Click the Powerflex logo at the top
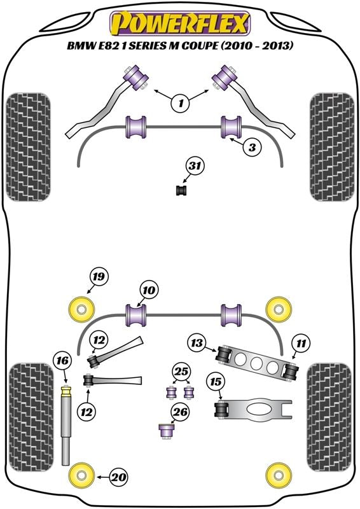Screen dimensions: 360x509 click(180, 23)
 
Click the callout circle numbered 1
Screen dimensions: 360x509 click(181, 103)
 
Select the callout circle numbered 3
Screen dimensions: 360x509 click(252, 148)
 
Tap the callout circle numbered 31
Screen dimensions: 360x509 click(195, 166)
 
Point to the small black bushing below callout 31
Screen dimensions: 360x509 click(182, 190)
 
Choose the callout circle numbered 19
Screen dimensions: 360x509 click(99, 277)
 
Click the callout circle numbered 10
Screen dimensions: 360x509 click(148, 290)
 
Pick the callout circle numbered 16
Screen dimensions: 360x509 click(62, 361)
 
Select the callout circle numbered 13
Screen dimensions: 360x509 click(197, 342)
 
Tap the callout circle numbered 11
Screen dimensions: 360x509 click(301, 343)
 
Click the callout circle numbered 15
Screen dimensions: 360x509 click(216, 382)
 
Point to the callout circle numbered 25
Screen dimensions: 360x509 click(181, 371)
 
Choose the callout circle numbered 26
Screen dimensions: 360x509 click(181, 412)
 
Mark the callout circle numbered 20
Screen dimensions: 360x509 click(118, 477)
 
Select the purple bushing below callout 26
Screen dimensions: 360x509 click(167, 431)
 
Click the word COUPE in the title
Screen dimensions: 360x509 click(198, 46)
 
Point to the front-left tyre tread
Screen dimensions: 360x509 click(29, 147)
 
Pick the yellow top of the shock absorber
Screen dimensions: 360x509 click(66, 391)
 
